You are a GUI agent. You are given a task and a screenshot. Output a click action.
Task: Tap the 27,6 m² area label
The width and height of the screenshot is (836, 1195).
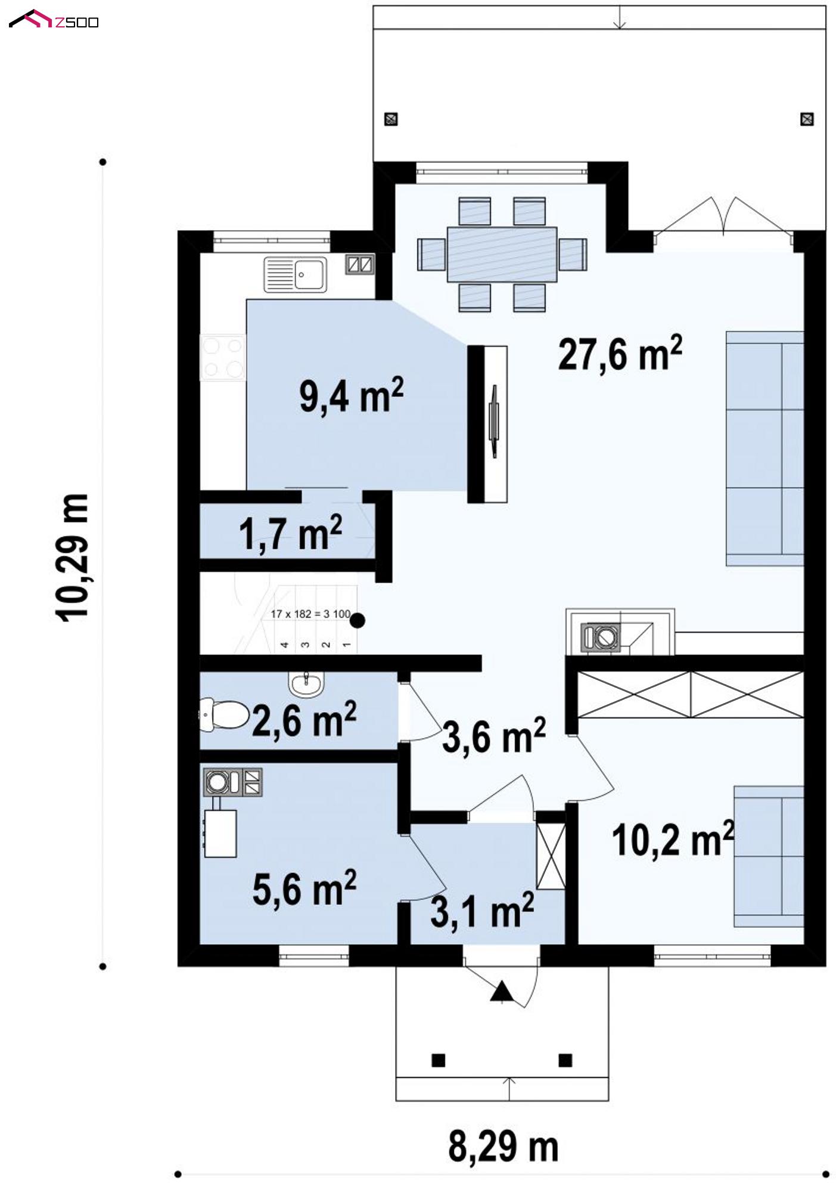[x=620, y=354]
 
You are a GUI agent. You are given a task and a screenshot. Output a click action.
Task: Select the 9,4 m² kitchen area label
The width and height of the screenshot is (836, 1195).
[x=352, y=395]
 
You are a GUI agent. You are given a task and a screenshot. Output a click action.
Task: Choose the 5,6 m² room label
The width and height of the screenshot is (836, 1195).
[x=304, y=888]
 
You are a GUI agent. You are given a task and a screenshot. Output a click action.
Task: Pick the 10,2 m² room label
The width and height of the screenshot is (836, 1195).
[x=673, y=840]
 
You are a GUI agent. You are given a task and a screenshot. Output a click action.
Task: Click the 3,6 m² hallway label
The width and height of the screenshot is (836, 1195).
[x=494, y=735]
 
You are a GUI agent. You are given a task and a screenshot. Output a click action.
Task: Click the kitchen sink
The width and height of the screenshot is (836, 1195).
[x=296, y=274]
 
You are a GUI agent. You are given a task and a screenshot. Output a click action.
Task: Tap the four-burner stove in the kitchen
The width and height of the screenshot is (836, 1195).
[x=223, y=357]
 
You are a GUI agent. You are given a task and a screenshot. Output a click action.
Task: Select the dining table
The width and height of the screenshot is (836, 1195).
[x=502, y=254]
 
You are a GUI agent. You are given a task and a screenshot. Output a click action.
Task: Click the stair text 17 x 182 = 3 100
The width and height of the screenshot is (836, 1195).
[x=310, y=614]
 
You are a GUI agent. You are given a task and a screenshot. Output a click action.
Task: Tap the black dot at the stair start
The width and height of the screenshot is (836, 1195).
[x=357, y=621]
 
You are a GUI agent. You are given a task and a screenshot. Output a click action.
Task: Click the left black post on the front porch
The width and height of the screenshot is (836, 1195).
[x=438, y=1060]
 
